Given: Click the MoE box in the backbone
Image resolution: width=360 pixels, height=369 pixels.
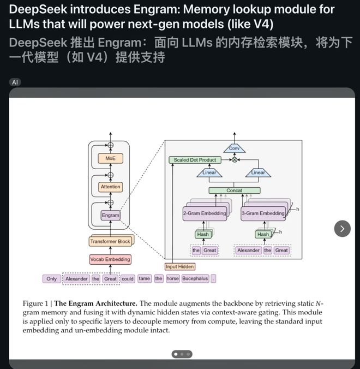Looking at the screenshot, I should pyautogui.click(x=110, y=158).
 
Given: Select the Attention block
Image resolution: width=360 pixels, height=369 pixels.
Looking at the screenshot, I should pyautogui.click(x=110, y=187).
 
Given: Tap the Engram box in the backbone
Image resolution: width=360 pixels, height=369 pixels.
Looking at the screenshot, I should pyautogui.click(x=110, y=215).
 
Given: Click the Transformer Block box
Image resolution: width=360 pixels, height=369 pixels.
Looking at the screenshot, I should pyautogui.click(x=110, y=241).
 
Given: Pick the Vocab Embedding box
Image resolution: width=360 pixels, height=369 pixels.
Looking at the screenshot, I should pyautogui.click(x=110, y=259).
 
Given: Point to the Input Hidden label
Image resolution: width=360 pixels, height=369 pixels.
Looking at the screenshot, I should pyautogui.click(x=179, y=266).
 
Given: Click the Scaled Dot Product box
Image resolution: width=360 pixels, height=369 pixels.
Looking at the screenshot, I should pyautogui.click(x=195, y=160).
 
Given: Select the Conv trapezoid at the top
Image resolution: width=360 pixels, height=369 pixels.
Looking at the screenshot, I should pyautogui.click(x=234, y=148).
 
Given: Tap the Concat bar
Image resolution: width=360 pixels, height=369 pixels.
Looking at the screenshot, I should pyautogui.click(x=234, y=191).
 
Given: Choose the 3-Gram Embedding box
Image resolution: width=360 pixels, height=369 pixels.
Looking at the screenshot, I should pyautogui.click(x=262, y=213).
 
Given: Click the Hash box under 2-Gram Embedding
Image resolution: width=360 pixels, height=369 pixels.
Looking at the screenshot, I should pyautogui.click(x=203, y=234).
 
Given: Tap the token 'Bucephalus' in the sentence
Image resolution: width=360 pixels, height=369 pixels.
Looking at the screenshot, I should pyautogui.click(x=195, y=278).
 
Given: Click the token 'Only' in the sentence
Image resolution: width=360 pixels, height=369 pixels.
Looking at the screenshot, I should pyautogui.click(x=51, y=278).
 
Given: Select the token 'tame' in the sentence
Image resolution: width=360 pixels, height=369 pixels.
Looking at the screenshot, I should pyautogui.click(x=144, y=278).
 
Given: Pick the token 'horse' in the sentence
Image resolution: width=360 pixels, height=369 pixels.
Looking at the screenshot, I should pyautogui.click(x=172, y=278).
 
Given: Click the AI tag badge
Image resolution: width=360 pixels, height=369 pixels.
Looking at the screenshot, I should pyautogui.click(x=15, y=82).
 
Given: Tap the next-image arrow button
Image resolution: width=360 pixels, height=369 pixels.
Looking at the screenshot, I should pyautogui.click(x=342, y=228).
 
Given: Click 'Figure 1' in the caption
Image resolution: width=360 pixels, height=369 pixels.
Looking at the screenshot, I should pyautogui.click(x=36, y=303).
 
